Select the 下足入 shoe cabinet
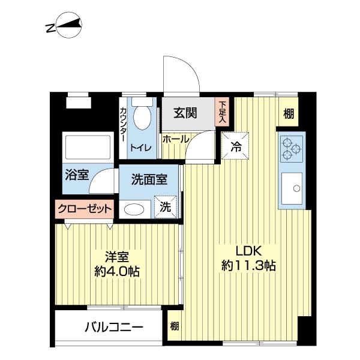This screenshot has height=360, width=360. (223, 112)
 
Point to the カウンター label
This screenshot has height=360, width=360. (123, 124)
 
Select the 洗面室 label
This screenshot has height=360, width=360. (145, 178)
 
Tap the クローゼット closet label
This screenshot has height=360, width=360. (85, 209)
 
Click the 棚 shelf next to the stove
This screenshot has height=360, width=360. (289, 113)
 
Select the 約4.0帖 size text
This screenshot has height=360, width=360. (117, 271)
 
